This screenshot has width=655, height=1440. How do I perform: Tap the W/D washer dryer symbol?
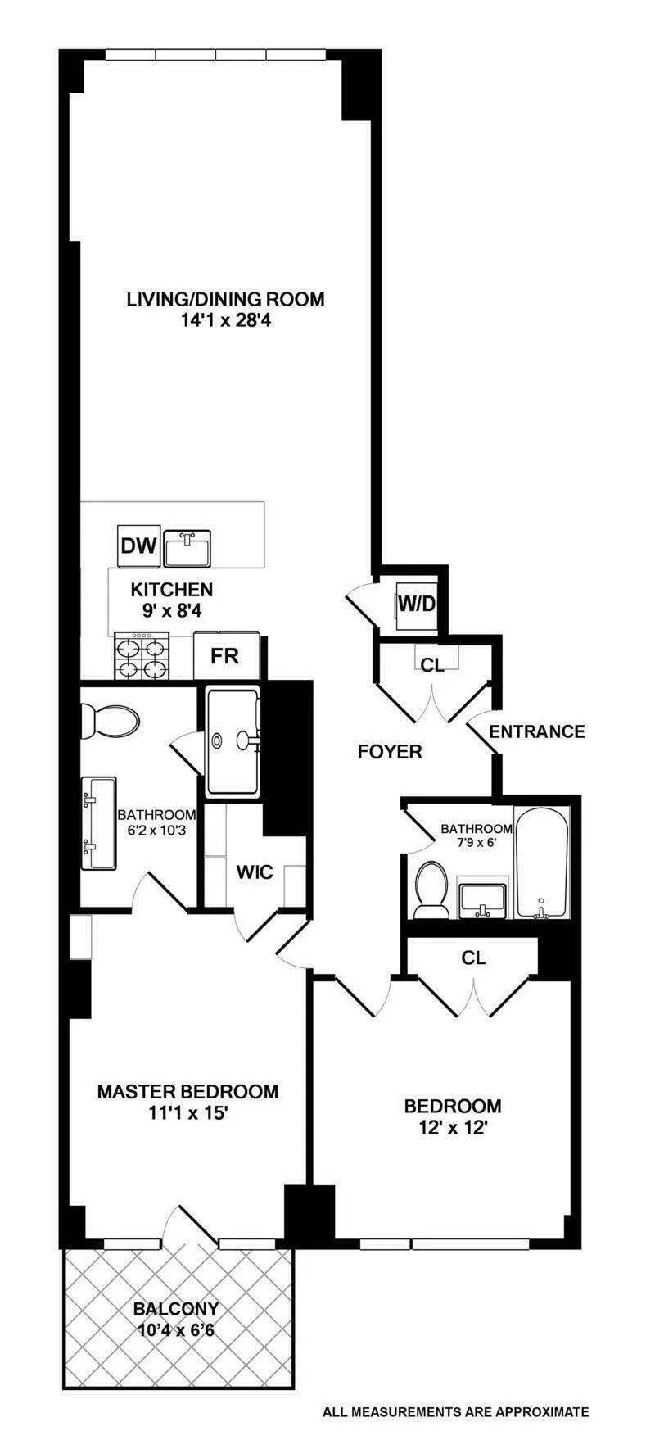tap(415, 605)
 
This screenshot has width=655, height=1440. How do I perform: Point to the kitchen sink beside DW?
tap(187, 548)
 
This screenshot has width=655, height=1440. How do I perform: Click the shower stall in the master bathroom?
tap(232, 741)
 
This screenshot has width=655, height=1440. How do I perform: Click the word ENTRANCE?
tap(537, 731)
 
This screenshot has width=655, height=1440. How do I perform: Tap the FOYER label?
tap(390, 751)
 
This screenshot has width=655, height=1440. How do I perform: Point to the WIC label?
tap(254, 872)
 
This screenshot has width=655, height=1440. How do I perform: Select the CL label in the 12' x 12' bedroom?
tap(472, 957)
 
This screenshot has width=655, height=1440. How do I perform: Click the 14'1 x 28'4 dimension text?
tap(225, 321)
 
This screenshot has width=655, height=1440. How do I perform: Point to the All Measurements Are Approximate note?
tap(455, 1411)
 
